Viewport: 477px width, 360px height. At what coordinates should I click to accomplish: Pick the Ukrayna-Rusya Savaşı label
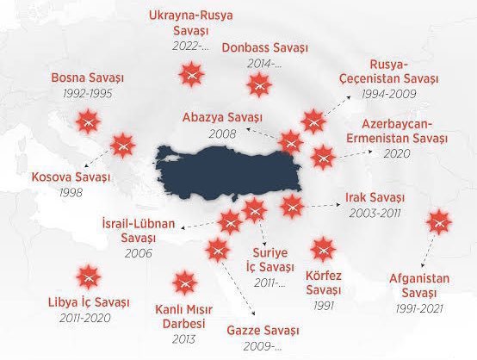190,23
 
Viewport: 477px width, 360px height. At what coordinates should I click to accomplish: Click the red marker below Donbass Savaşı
257,85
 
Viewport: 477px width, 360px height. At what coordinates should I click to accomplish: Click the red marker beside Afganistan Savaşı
439,222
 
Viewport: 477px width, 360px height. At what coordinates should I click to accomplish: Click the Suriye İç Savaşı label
274,260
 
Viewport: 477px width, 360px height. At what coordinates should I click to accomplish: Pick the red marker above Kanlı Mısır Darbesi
183,282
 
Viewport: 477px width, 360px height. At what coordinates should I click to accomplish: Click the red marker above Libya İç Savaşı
87,278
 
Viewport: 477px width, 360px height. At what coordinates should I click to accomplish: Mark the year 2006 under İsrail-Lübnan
137,254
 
